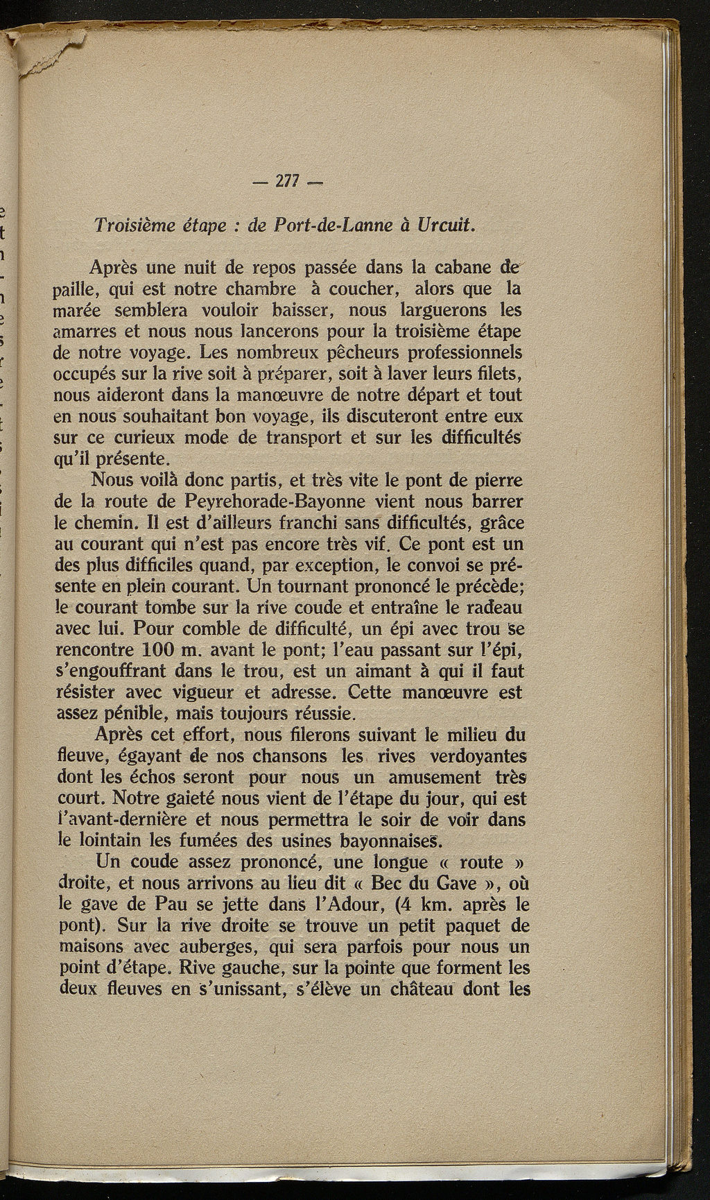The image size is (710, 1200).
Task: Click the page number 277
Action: tap(286, 181)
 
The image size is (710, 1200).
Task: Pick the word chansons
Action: tap(280, 754)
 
